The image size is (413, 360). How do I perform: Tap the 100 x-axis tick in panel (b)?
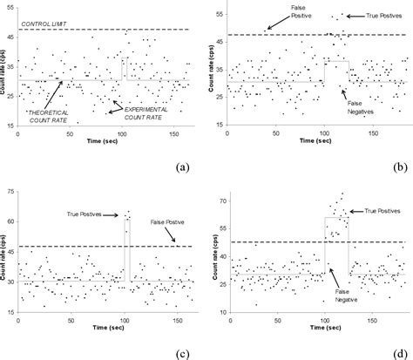pos(325,135)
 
